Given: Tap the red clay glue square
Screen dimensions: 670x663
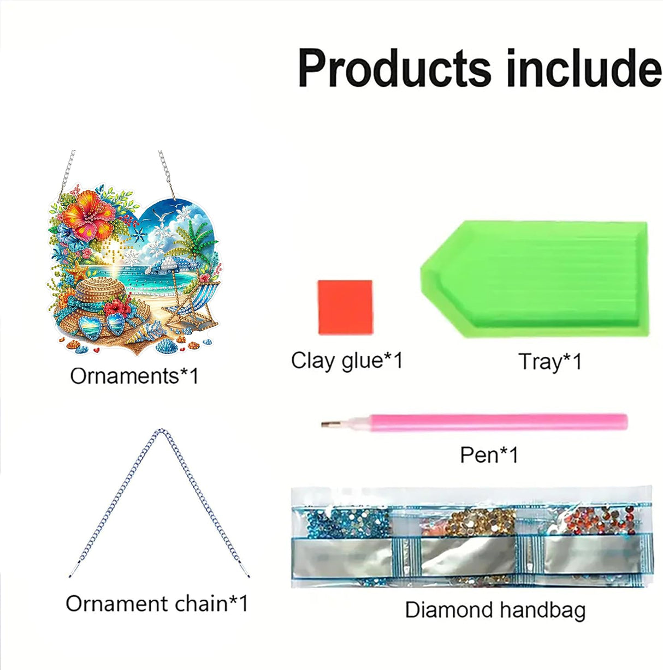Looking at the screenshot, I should coord(345,307).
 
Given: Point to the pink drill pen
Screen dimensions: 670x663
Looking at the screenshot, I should coord(492,422).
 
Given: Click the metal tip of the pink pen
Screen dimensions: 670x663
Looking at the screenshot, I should coord(328,424).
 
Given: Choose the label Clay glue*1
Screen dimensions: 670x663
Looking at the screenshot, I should coord(347,361).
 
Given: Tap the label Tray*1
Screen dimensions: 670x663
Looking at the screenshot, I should coord(550,362).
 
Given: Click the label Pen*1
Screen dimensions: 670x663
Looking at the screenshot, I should coord(489,454).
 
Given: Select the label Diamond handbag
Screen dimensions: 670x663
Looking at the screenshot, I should coord(495,609).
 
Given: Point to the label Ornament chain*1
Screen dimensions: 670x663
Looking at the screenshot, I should coord(157,603).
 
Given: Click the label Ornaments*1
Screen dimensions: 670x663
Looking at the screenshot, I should coord(134,376).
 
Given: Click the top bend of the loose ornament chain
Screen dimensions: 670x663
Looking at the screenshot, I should coord(160,432).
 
